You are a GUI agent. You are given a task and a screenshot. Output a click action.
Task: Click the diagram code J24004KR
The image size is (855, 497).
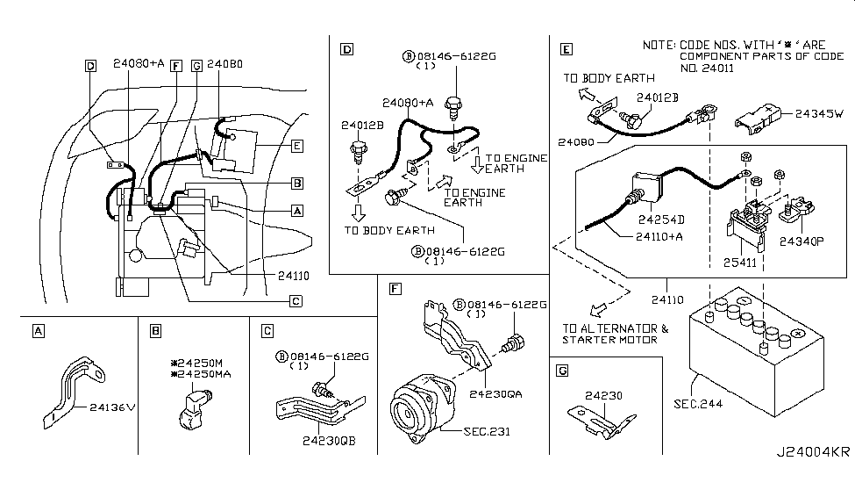tap(813, 477)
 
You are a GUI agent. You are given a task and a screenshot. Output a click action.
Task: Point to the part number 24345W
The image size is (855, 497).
tap(819, 113)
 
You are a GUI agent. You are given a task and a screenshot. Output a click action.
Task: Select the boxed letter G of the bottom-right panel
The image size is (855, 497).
tap(563, 371)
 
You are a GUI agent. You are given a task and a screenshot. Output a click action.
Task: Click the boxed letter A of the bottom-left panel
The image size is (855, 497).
tap(37, 331)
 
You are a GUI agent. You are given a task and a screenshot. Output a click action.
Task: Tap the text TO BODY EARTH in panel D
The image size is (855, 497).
tap(388, 230)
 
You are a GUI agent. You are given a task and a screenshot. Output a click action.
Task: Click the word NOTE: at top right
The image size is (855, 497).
tap(658, 44)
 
